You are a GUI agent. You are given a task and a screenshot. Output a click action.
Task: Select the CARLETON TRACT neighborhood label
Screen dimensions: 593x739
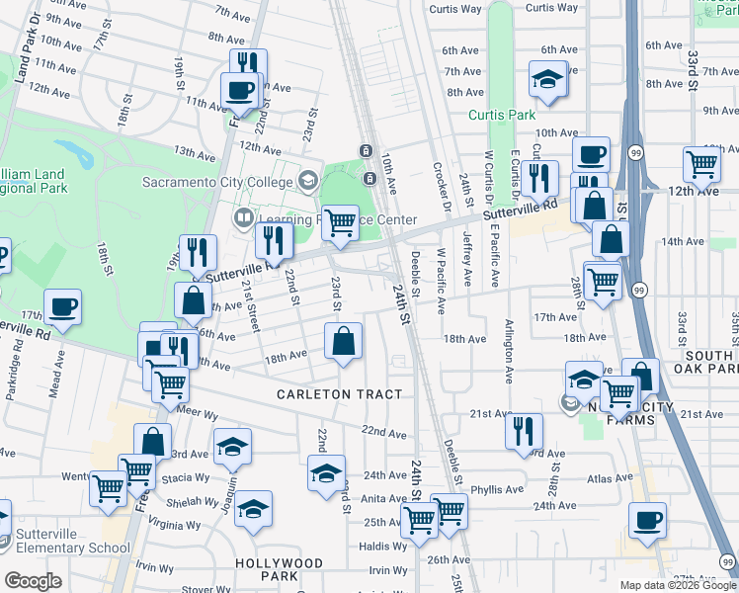339,394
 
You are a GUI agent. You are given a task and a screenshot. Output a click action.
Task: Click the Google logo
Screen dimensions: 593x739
33,581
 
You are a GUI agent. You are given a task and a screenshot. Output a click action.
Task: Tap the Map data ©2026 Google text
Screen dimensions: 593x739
678,585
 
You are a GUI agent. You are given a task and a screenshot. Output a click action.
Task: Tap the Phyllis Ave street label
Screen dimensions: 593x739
497,489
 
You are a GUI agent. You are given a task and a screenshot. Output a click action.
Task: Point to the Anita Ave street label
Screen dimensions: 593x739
384,499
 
